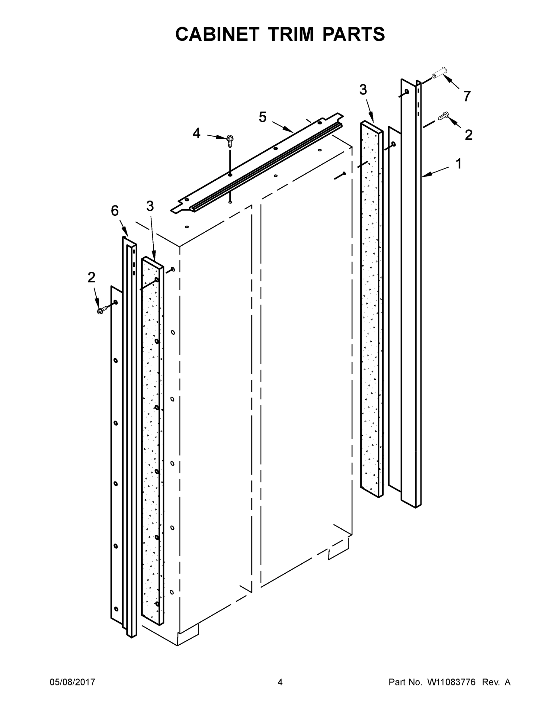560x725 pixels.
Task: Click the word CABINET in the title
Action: pos(217,34)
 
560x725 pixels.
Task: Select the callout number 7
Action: pos(467,96)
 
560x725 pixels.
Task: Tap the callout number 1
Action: pos(459,164)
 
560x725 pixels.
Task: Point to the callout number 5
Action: pos(262,117)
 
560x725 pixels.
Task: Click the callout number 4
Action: pos(197,134)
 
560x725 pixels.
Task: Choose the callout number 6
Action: pos(115,211)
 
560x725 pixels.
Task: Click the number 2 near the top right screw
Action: pos(469,135)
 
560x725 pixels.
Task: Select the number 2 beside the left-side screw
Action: pos(91,278)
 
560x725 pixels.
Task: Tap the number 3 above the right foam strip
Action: pos(363,90)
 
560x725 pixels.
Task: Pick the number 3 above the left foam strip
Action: pos(150,207)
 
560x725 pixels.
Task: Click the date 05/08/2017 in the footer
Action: pos(72,682)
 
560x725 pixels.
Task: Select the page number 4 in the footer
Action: pos(280,682)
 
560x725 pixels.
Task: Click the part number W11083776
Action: pos(451,682)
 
